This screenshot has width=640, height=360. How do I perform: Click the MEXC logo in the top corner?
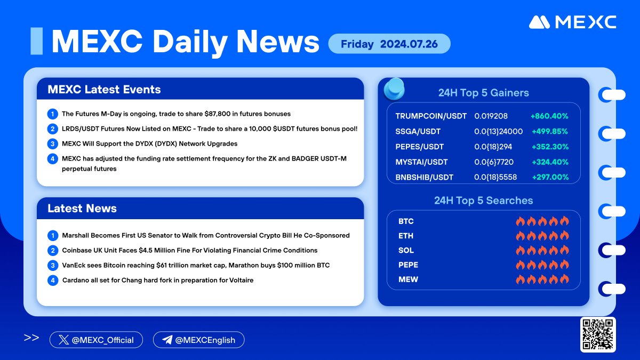[x=573, y=22]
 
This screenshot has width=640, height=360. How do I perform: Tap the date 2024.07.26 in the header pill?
[x=409, y=44]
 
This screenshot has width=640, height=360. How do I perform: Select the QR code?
[x=598, y=334]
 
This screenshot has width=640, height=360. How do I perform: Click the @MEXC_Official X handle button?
[x=96, y=340]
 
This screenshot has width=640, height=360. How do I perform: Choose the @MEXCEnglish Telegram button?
[x=198, y=340]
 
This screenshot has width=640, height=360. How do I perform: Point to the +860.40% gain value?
[x=549, y=116]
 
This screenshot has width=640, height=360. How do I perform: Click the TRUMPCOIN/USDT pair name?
[x=431, y=116]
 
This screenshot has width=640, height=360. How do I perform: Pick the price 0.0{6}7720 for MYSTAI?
[x=494, y=162]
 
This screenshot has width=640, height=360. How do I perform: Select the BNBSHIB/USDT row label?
[x=425, y=178]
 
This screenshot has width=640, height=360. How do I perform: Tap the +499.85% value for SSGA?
[x=550, y=131]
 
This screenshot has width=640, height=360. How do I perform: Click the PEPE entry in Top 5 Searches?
[x=408, y=265]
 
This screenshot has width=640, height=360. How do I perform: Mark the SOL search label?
[x=406, y=250]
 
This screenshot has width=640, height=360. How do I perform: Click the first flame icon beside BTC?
[x=521, y=221]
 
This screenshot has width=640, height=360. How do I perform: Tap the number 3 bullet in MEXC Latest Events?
[x=53, y=143]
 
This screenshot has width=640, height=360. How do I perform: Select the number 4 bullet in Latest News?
[x=53, y=281]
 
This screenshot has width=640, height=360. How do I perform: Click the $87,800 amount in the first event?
[x=218, y=114]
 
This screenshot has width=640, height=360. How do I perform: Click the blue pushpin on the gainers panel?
[x=394, y=89]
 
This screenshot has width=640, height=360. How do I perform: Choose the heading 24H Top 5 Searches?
[x=483, y=201]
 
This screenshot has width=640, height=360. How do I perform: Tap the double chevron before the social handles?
[x=31, y=338]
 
